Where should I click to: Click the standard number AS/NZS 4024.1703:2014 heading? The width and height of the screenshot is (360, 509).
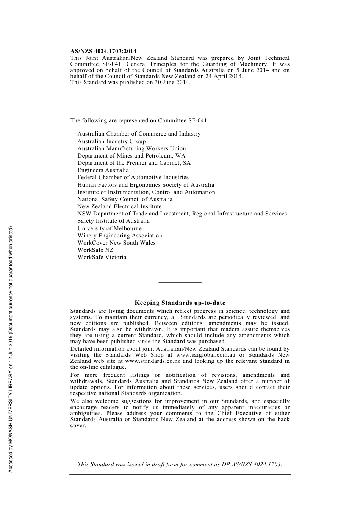103,51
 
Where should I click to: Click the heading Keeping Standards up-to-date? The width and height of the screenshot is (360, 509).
180,303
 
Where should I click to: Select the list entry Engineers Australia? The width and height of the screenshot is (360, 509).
103,170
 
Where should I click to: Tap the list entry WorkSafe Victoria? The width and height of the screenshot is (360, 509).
102,257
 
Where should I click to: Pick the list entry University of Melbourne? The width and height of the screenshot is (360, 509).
110,228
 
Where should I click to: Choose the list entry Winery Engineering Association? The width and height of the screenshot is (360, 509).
120,236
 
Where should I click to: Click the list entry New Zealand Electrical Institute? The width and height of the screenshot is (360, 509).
119,206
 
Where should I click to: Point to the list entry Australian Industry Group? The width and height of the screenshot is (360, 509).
111,141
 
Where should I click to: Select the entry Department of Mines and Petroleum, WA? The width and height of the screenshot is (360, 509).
131,156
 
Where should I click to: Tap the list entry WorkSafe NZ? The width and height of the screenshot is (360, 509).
95,250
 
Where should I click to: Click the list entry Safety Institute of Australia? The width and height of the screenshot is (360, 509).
113,221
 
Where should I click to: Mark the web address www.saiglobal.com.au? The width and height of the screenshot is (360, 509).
206,355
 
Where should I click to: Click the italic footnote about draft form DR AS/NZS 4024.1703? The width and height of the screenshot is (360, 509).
180,464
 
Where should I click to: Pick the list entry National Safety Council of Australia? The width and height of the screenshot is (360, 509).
125,199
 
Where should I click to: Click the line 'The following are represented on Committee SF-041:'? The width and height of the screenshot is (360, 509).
139,121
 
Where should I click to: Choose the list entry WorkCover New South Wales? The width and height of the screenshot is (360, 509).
116,243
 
